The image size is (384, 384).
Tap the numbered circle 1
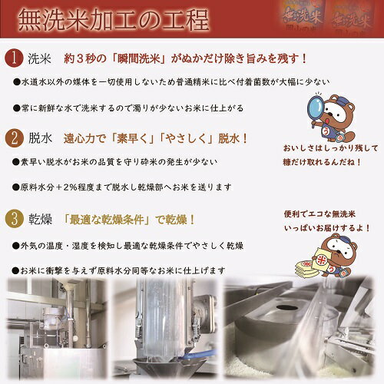15,58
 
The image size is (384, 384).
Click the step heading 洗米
41,58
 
